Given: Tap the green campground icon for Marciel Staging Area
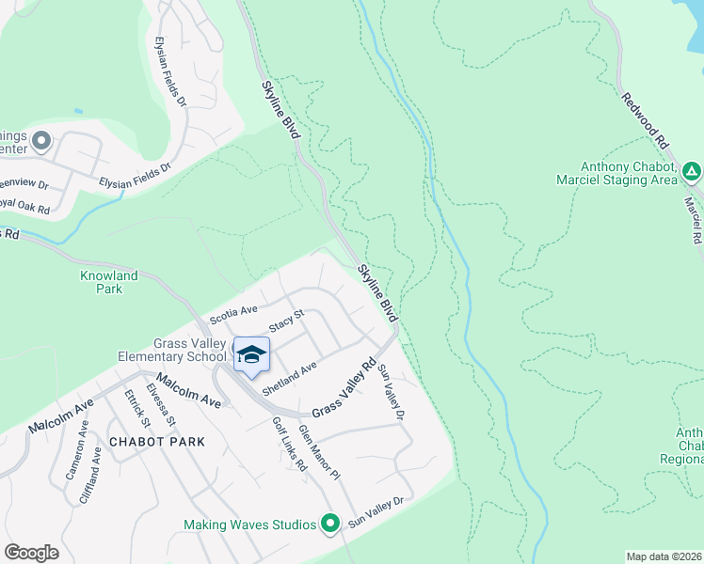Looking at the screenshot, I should [x=692, y=171].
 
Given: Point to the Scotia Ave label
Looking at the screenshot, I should [x=233, y=311].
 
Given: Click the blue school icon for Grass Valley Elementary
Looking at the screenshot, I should [x=251, y=354].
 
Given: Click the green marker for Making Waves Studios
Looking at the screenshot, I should [x=329, y=524].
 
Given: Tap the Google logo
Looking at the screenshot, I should [x=32, y=553].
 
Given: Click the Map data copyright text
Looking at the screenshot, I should [x=663, y=556].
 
